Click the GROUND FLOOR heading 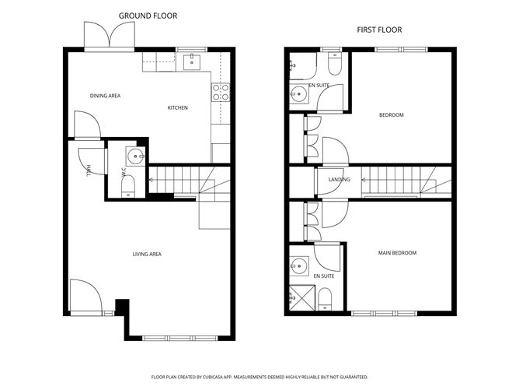pyautogui.click(x=148, y=16)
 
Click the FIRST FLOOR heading pyautogui.click(x=379, y=30)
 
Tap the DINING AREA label pyautogui.click(x=105, y=96)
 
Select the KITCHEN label pyautogui.click(x=178, y=107)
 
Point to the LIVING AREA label pyautogui.click(x=147, y=255)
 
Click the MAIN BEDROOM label pyautogui.click(x=397, y=253)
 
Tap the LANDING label pyautogui.click(x=340, y=179)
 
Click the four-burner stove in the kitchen pyautogui.click(x=221, y=92)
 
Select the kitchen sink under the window pyautogui.click(x=192, y=62)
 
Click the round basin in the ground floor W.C pyautogui.click(x=135, y=156)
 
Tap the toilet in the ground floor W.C pyautogui.click(x=128, y=186)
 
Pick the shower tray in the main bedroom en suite pyautogui.click(x=302, y=298)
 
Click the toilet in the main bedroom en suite pyautogui.click(x=325, y=299)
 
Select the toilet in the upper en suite pyautogui.click(x=335, y=64)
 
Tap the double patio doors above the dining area pyautogui.click(x=110, y=35)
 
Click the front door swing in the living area pyautogui.click(x=86, y=297)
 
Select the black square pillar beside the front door pyautogui.click(x=122, y=307)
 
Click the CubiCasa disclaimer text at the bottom pyautogui.click(x=259, y=377)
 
